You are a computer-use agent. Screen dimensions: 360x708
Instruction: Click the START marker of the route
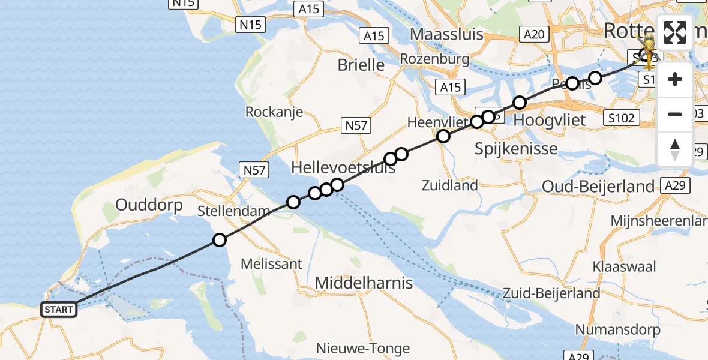pyautogui.click(x=59, y=310)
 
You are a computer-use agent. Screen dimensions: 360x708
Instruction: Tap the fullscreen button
pyautogui.click(x=675, y=32)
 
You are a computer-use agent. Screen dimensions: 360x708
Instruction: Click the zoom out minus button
pyautogui.click(x=675, y=114)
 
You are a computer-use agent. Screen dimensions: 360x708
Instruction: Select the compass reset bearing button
pyautogui.click(x=675, y=149)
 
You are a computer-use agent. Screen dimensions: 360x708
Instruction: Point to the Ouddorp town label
pyautogui.click(x=140, y=205)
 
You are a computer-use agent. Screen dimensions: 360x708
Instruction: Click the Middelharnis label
pyautogui.click(x=364, y=282)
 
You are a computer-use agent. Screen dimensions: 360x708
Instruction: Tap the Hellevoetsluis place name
pyautogui.click(x=344, y=167)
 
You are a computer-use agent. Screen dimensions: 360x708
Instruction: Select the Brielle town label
pyautogui.click(x=361, y=65)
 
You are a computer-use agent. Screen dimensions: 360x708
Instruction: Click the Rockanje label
pyautogui.click(x=274, y=112)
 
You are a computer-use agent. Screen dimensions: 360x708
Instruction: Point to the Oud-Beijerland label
pyautogui.click(x=598, y=187)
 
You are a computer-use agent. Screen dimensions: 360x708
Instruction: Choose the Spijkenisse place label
pyautogui.click(x=516, y=148)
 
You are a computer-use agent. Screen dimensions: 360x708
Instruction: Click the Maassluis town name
pyautogui.click(x=446, y=34)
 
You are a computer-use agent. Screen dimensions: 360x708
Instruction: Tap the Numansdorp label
pyautogui.click(x=617, y=329)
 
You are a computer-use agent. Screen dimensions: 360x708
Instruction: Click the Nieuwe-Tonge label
pyautogui.click(x=363, y=348)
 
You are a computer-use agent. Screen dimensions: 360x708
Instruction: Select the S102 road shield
pyautogui.click(x=620, y=118)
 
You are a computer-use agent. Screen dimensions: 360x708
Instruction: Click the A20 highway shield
pyautogui.click(x=533, y=34)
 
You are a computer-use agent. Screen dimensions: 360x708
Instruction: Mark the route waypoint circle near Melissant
pyautogui.click(x=220, y=241)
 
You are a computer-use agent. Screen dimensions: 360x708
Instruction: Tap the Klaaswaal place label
pyautogui.click(x=623, y=266)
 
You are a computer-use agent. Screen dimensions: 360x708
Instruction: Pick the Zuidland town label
pyautogui.click(x=449, y=185)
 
